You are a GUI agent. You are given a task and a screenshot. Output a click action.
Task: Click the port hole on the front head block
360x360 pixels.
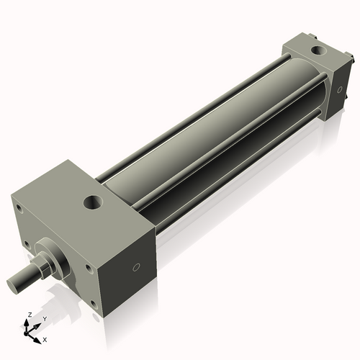[94, 201]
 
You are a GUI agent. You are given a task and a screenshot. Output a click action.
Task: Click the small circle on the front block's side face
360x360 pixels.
[136, 268]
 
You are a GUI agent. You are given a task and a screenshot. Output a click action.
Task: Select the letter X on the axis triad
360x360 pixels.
[45, 338]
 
